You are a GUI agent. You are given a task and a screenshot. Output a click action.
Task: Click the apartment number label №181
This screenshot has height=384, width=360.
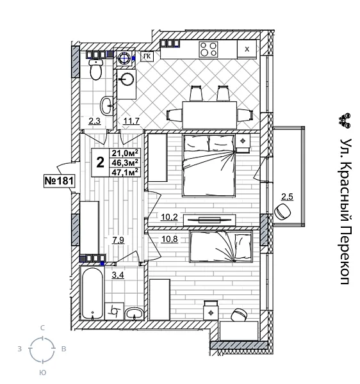pos(59,181)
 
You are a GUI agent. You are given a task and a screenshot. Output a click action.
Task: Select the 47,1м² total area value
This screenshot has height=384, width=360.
pos(126,172)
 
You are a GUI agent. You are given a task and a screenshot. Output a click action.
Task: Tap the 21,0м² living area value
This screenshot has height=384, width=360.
pos(126,153)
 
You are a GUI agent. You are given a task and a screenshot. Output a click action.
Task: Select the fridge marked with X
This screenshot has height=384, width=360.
pos(247,49)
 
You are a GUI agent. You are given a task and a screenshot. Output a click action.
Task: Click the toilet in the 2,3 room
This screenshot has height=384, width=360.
pos(96,71)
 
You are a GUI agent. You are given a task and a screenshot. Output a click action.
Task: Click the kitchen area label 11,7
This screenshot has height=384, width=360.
pos(132,120)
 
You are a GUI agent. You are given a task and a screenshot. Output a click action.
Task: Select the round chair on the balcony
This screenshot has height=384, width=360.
pos(282,211)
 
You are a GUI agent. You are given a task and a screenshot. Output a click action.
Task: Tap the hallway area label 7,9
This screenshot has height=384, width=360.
pos(118,241)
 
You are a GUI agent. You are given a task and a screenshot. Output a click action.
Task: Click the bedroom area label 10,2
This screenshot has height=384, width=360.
pos(169,217)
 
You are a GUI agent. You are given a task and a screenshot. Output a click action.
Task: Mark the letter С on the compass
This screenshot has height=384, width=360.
pos(42,328)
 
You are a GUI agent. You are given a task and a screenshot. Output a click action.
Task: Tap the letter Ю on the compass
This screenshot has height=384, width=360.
pos(42,372)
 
